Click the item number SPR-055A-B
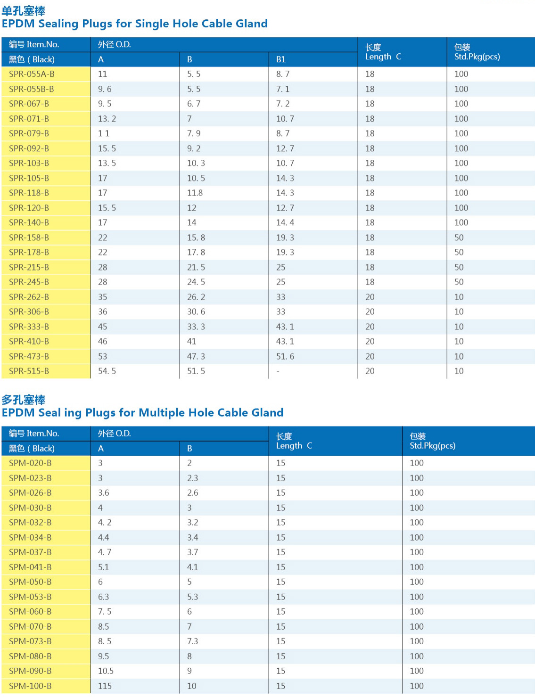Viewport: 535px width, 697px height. pyautogui.click(x=32, y=74)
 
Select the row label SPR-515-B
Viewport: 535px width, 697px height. pyautogui.click(x=29, y=371)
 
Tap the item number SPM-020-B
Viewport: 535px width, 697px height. pyautogui.click(x=30, y=463)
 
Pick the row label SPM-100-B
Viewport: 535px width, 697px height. pyautogui.click(x=30, y=686)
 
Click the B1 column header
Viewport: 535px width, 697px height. pyautogui.click(x=281, y=59)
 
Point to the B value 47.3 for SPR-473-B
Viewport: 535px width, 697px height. pyautogui.click(x=196, y=356)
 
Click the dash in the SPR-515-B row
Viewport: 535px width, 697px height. pyautogui.click(x=278, y=371)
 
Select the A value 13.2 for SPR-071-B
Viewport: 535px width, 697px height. pyautogui.click(x=107, y=119)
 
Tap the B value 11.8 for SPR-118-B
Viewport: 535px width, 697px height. pyautogui.click(x=195, y=193)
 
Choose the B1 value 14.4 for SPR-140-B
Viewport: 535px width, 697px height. pyautogui.click(x=285, y=222)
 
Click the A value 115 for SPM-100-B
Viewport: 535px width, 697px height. pyautogui.click(x=105, y=686)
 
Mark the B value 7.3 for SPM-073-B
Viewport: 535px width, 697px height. pyautogui.click(x=192, y=641)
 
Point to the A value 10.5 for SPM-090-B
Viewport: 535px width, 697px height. pyautogui.click(x=106, y=671)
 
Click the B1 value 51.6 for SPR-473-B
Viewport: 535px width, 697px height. pyautogui.click(x=285, y=356)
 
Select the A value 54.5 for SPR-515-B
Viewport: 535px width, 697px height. pyautogui.click(x=107, y=371)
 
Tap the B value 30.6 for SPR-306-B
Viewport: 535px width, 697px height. pyautogui.click(x=196, y=312)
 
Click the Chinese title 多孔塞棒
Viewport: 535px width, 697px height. pyautogui.click(x=24, y=400)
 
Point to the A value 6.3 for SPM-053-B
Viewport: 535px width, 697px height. pyautogui.click(x=103, y=597)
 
